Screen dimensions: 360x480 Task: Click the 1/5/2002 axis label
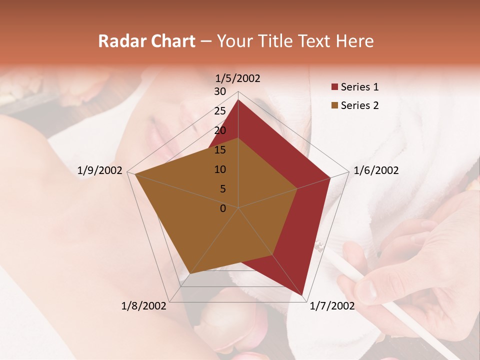[238, 78]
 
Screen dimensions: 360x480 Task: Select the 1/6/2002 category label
[376, 170]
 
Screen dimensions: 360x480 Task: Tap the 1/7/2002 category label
[332, 306]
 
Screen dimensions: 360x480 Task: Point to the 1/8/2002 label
[144, 306]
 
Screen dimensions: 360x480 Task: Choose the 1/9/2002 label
[100, 170]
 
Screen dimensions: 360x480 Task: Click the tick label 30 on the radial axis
[220, 91]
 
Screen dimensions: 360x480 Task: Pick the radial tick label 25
[220, 111]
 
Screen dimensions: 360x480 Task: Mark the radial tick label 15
[220, 150]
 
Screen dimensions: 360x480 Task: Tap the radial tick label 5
[222, 189]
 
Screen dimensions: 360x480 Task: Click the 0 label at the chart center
[223, 208]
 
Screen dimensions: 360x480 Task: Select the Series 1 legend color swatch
[334, 87]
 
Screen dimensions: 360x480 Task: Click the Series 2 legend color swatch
[334, 105]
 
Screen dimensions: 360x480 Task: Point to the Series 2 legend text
[359, 105]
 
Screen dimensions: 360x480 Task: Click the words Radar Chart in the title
[146, 41]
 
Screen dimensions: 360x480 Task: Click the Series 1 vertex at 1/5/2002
[238, 99]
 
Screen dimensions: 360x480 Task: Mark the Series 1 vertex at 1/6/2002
[330, 177]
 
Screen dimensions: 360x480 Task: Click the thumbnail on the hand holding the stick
[368, 290]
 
